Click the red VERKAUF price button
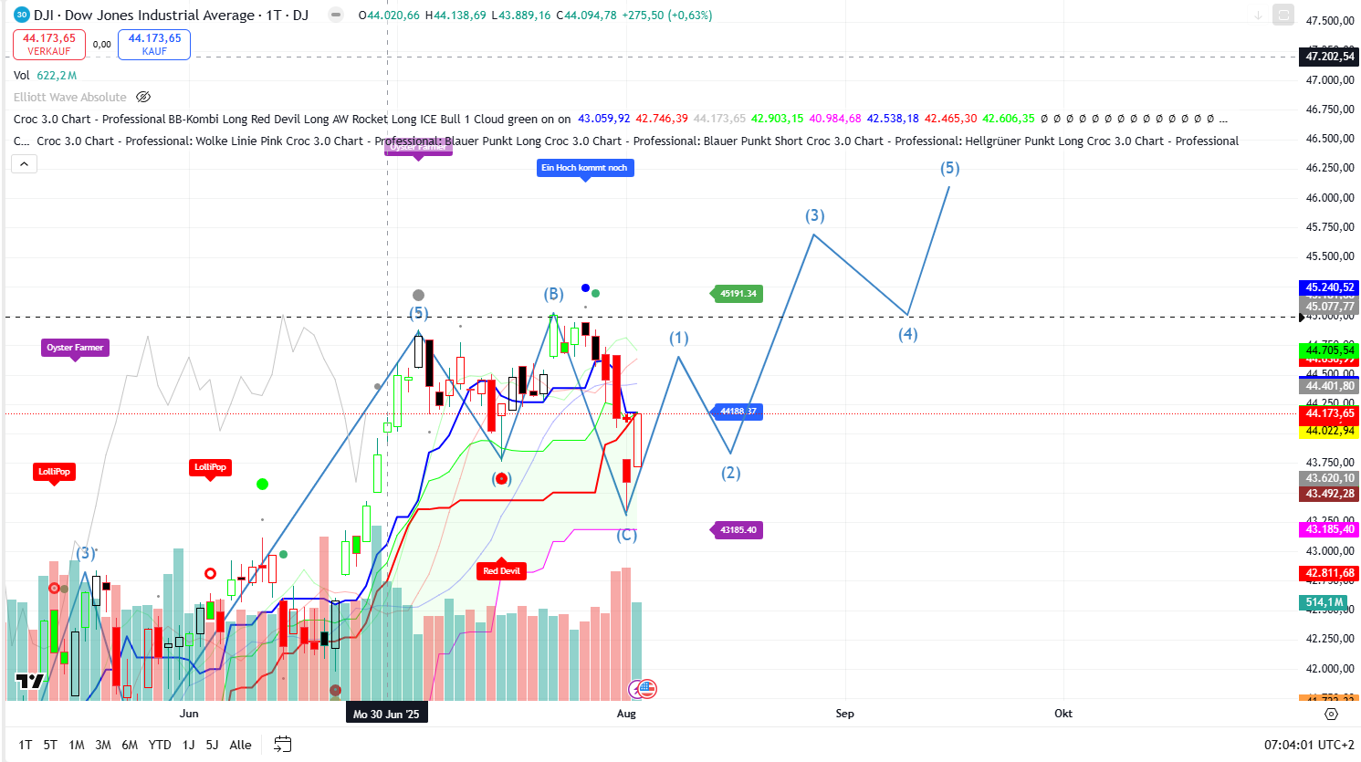click(49, 44)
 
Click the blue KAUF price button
click(154, 44)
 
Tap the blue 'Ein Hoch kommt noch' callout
click(584, 168)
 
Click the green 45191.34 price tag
click(738, 294)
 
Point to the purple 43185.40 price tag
click(738, 530)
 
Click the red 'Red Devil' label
click(501, 571)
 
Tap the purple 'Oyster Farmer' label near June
click(75, 348)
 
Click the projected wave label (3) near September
click(814, 216)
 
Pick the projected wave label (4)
click(907, 335)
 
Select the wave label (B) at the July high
click(553, 295)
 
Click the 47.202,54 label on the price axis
click(1329, 57)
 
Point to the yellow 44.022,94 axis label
click(1329, 431)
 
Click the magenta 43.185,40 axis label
click(1329, 529)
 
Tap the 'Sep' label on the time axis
click(844, 714)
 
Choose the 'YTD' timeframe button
click(160, 745)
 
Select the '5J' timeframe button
click(212, 745)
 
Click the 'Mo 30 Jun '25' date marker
click(386, 714)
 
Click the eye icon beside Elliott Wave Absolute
click(143, 97)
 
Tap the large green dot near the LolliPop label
click(263, 485)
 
